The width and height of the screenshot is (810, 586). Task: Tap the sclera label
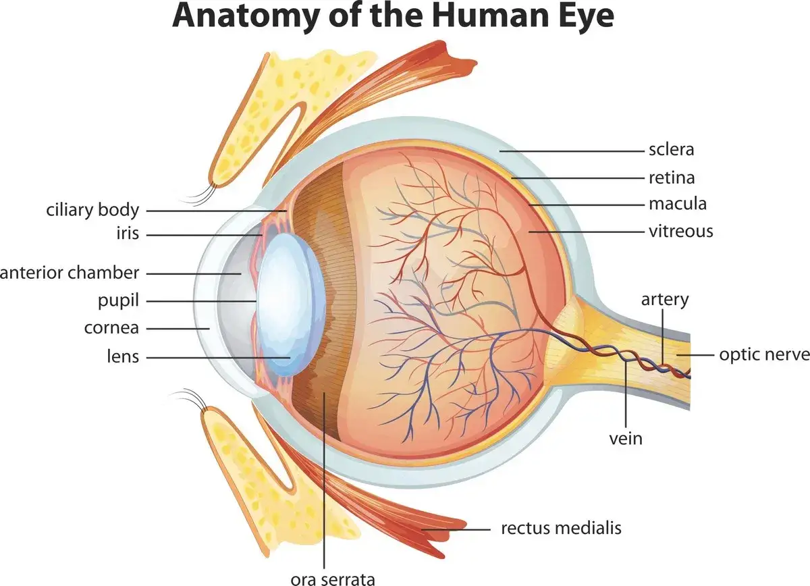pos(672,149)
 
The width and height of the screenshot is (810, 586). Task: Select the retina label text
pos(672,178)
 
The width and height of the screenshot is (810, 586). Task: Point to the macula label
pos(678,204)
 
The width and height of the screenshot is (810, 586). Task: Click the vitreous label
pos(681,231)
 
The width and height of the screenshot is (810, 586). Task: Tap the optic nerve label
pos(764,355)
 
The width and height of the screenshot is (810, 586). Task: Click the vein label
pos(626,439)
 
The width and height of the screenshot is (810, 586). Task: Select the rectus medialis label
pos(561,528)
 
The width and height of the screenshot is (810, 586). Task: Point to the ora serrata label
pos(333,579)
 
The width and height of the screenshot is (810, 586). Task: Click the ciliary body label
pos(92,211)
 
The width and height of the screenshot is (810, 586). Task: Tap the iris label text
pos(128,234)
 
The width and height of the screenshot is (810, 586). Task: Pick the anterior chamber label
pos(70,273)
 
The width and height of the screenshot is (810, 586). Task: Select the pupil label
pos(119,301)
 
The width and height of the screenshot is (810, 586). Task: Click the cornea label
pos(112,329)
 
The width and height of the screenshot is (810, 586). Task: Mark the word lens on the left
pos(123,356)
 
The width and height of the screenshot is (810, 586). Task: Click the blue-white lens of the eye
pos(290,304)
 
